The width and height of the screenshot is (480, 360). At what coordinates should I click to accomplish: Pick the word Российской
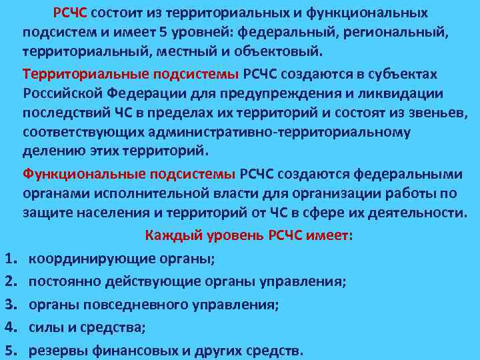[x=58, y=93]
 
